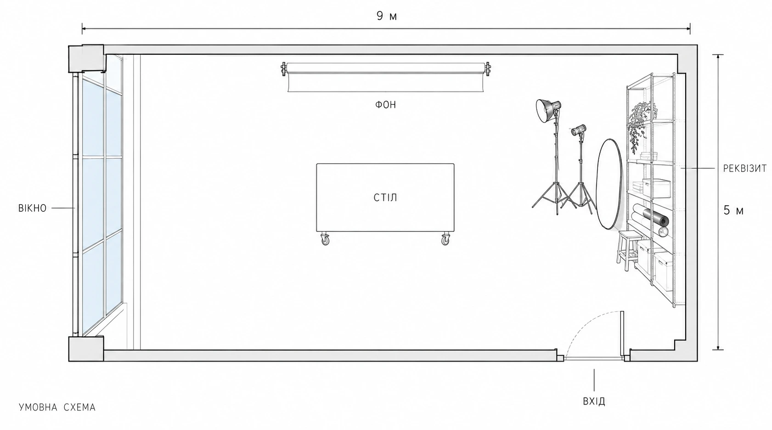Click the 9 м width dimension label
387,16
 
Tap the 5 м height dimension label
733,210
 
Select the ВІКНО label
33,208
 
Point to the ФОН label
386,105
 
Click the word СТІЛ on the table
385,198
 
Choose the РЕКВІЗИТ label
744,168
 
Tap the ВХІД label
594,401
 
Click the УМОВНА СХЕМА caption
57,407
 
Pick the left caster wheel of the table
325,239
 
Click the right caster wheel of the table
445,239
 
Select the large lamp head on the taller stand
547,110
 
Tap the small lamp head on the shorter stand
578,130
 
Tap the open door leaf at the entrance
622,334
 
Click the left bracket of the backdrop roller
283,69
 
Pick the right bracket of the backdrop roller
488,69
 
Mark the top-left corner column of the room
86,58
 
